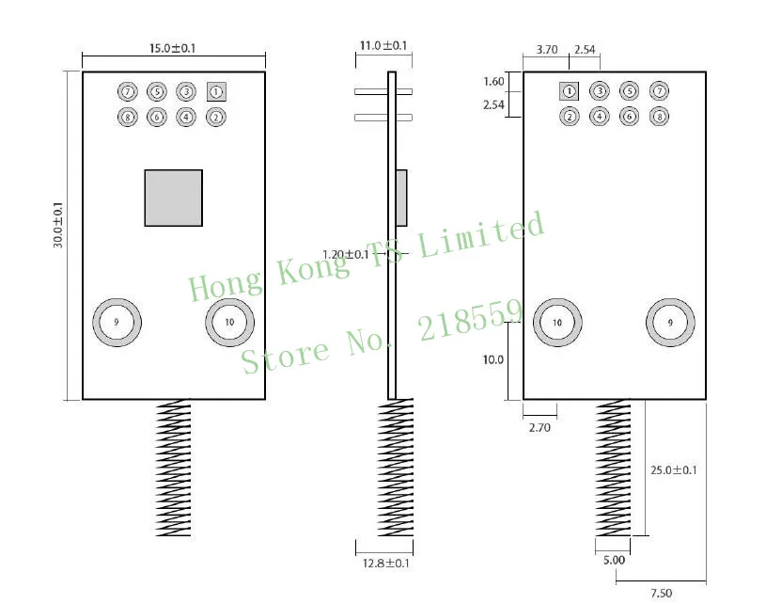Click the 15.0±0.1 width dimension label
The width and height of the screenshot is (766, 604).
point(172,48)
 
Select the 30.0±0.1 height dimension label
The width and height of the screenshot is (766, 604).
point(58,225)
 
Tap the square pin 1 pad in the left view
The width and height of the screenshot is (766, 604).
point(216,91)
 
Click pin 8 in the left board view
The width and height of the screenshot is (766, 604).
point(128,117)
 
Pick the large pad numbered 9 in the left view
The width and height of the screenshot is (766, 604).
point(117,323)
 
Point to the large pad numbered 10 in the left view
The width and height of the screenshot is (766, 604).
point(229,323)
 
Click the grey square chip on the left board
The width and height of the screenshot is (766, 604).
point(174,199)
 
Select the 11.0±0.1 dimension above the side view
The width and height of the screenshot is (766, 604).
point(383,45)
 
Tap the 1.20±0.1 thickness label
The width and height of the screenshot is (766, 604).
point(346,254)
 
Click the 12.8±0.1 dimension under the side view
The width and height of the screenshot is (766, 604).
point(386,563)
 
